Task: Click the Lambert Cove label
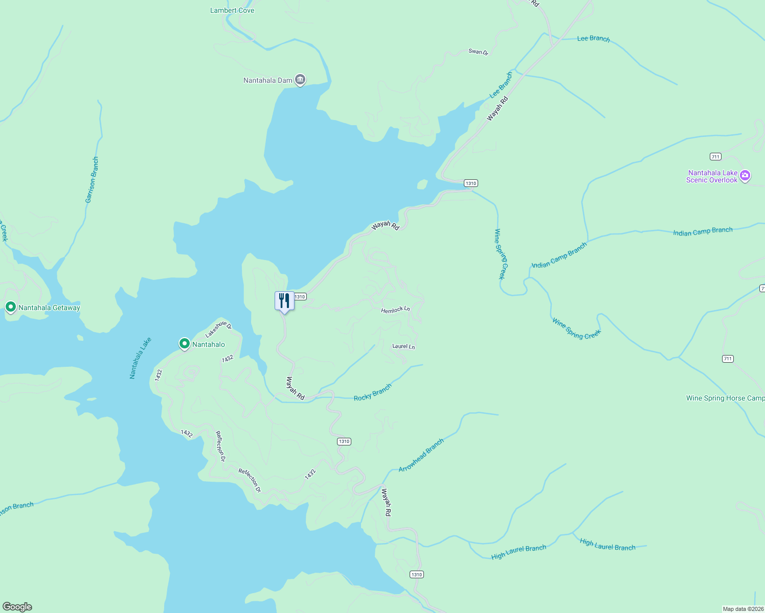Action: pos(232,10)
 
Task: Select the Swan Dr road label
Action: pos(478,52)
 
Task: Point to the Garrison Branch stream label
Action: pos(92,180)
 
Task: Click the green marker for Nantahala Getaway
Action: pos(10,307)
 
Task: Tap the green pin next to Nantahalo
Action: pos(185,344)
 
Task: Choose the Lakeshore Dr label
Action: pos(218,329)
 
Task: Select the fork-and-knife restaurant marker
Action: pos(284,301)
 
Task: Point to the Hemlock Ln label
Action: pos(395,310)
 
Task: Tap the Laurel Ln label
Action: pos(403,346)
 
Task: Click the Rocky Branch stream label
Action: pos(372,392)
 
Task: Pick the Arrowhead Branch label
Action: pos(421,455)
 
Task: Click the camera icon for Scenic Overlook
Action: pos(745,176)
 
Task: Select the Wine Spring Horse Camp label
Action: pos(725,398)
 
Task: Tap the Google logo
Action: pos(17,607)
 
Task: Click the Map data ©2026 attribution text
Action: pos(742,609)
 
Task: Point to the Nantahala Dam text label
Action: pos(267,80)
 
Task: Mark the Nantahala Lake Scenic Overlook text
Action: pos(712,176)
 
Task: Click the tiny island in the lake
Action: pos(422,184)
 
